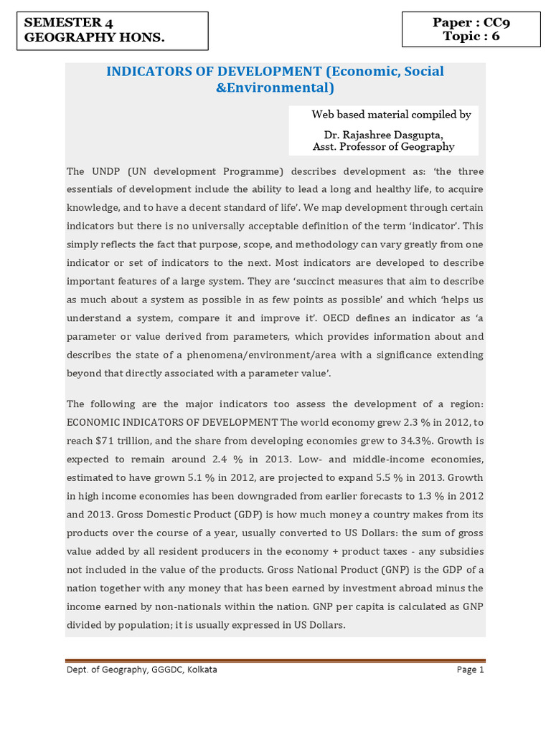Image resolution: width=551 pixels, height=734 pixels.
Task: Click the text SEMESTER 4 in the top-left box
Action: pyautogui.click(x=58, y=23)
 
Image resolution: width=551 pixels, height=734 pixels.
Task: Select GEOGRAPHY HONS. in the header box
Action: pyautogui.click(x=94, y=37)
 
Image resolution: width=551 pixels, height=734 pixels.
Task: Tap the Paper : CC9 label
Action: pyautogui.click(x=471, y=23)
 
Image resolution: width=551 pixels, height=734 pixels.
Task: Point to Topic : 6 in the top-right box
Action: pyautogui.click(x=471, y=37)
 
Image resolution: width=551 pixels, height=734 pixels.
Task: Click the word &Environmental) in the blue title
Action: pyautogui.click(x=275, y=88)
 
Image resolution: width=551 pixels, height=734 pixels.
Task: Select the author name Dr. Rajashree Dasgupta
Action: pyautogui.click(x=383, y=134)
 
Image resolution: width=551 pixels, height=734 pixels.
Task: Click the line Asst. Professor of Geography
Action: pyautogui.click(x=383, y=146)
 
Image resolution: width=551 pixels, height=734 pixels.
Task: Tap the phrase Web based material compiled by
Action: pyautogui.click(x=391, y=115)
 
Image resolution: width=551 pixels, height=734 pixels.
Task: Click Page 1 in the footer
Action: pyautogui.click(x=470, y=669)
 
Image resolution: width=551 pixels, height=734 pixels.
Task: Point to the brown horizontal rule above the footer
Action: pyautogui.click(x=275, y=660)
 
